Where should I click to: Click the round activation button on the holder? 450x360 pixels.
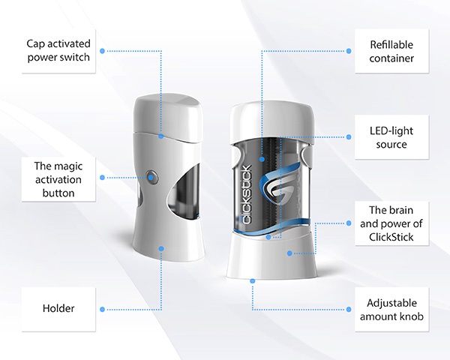pos(152,177)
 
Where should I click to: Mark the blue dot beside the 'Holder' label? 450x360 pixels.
pos(107,308)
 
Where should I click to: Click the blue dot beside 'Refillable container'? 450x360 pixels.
pos(349,51)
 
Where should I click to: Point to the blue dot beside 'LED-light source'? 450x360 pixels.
pos(349,136)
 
